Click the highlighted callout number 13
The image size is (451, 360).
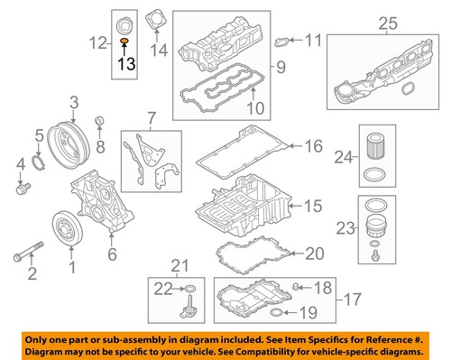coord(127,63)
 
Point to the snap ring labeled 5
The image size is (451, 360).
coord(38,162)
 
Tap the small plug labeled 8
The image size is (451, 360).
coord(99,122)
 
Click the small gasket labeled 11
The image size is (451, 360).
coord(282,41)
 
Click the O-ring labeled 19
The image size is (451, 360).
coord(275,313)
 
